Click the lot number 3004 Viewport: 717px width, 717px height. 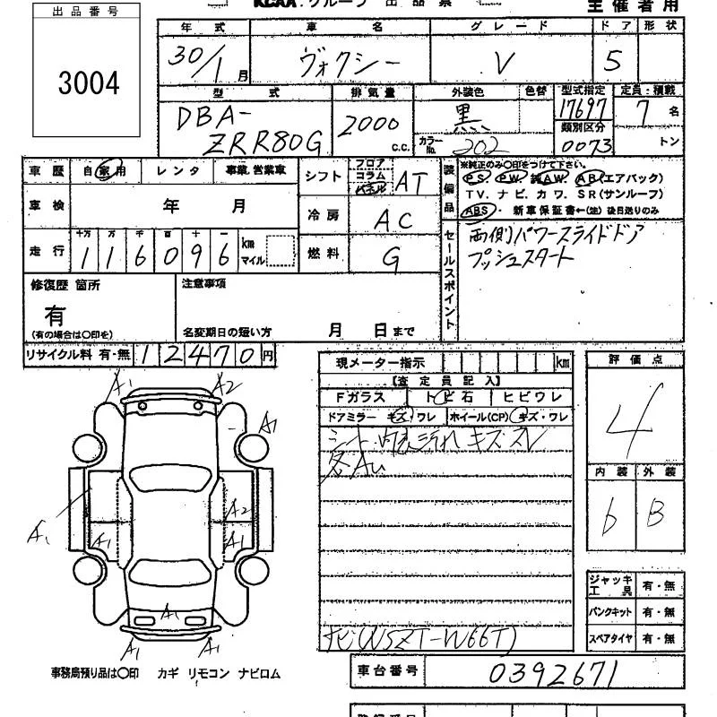pyautogui.click(x=88, y=82)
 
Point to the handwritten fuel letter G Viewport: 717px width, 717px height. pyautogui.click(x=392, y=257)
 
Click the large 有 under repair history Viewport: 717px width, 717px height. pyautogui.click(x=55, y=315)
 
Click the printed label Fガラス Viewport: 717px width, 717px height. pyautogui.click(x=359, y=396)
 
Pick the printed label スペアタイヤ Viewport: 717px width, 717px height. pyautogui.click(x=610, y=640)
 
